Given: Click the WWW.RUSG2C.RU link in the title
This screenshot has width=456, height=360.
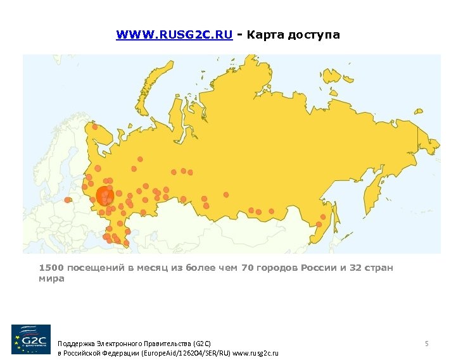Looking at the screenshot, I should point(174,35).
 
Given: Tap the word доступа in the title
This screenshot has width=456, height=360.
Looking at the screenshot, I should point(313,35).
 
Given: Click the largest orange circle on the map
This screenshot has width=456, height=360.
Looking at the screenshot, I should point(105,195).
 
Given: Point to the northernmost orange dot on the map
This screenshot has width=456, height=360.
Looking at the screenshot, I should point(95,127).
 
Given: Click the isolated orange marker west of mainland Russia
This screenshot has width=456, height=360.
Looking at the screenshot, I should point(68,200).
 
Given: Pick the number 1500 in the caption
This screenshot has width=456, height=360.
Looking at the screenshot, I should point(51,268).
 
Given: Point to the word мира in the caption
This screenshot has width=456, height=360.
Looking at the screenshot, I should point(51,278).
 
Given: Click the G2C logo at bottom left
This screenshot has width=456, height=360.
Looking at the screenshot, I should point(31,339).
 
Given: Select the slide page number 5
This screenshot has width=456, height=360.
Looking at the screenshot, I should point(427,344).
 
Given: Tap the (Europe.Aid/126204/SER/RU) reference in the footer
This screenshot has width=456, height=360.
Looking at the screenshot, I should point(184,354).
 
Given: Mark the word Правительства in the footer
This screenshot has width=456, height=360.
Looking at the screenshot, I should point(167,343).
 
